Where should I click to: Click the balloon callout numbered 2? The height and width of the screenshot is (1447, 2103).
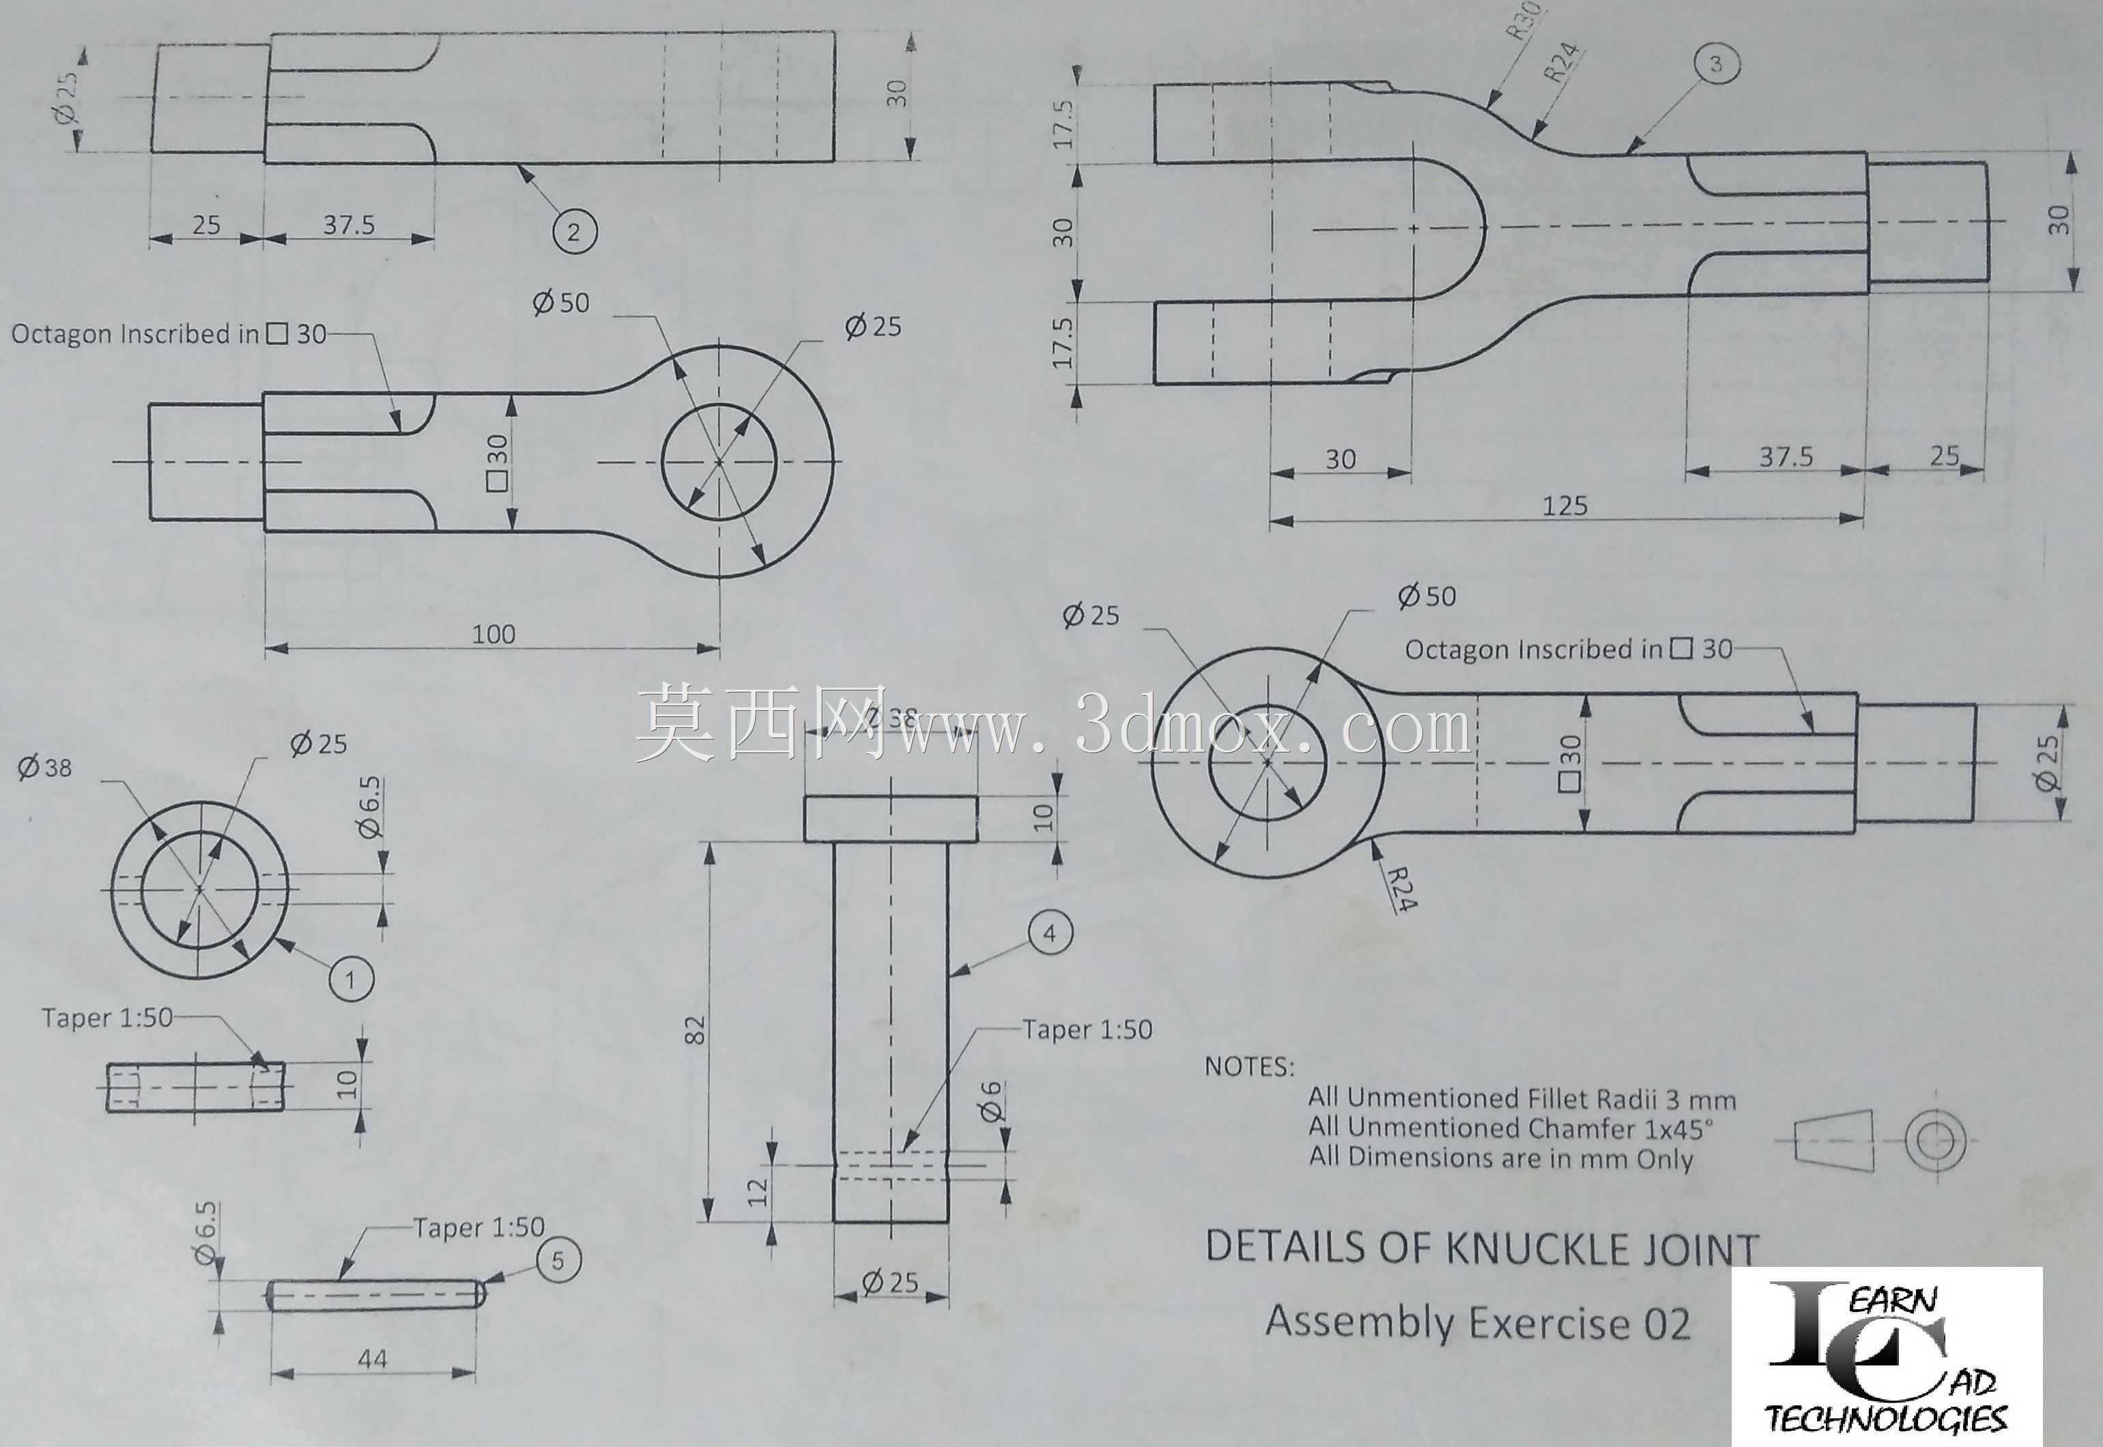[573, 232]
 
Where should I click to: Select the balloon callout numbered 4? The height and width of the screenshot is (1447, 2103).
[1050, 934]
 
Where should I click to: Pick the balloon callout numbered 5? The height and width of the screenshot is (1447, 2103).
[558, 1260]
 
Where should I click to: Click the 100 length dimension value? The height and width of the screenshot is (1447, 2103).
[493, 634]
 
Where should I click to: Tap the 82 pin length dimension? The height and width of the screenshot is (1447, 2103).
[696, 1031]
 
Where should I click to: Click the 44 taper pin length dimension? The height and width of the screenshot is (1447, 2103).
[373, 1358]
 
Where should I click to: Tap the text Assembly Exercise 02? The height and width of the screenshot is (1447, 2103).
[1478, 1323]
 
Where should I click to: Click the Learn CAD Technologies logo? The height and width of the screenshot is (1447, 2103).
[1887, 1356]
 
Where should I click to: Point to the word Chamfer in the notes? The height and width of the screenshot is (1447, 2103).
[1573, 1129]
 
